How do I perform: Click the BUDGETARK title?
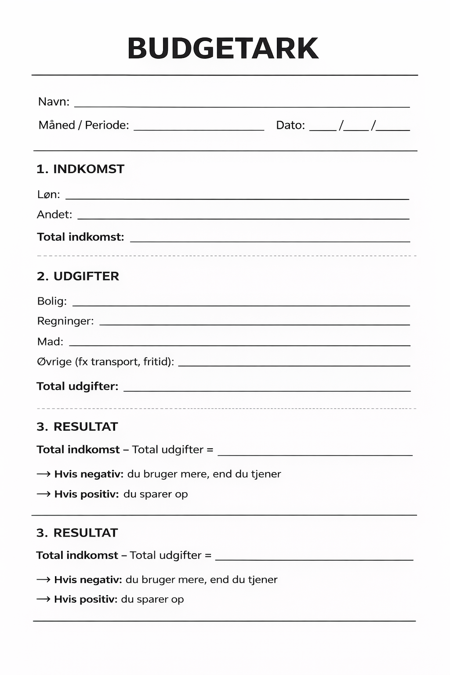pyautogui.click(x=223, y=48)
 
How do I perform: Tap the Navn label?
pyautogui.click(x=54, y=102)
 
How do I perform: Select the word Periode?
pyautogui.click(x=107, y=125)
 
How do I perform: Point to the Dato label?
pyautogui.click(x=290, y=125)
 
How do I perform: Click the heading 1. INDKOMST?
pyautogui.click(x=80, y=169)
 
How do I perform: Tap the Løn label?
pyautogui.click(x=48, y=195)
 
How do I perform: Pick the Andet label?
pyautogui.click(x=54, y=214)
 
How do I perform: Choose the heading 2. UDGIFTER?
pyautogui.click(x=78, y=276)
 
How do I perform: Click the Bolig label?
pyautogui.click(x=52, y=301)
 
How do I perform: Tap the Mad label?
pyautogui.click(x=50, y=342)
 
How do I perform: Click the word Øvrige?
pyautogui.click(x=54, y=362)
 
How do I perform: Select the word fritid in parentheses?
pyautogui.click(x=157, y=362)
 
